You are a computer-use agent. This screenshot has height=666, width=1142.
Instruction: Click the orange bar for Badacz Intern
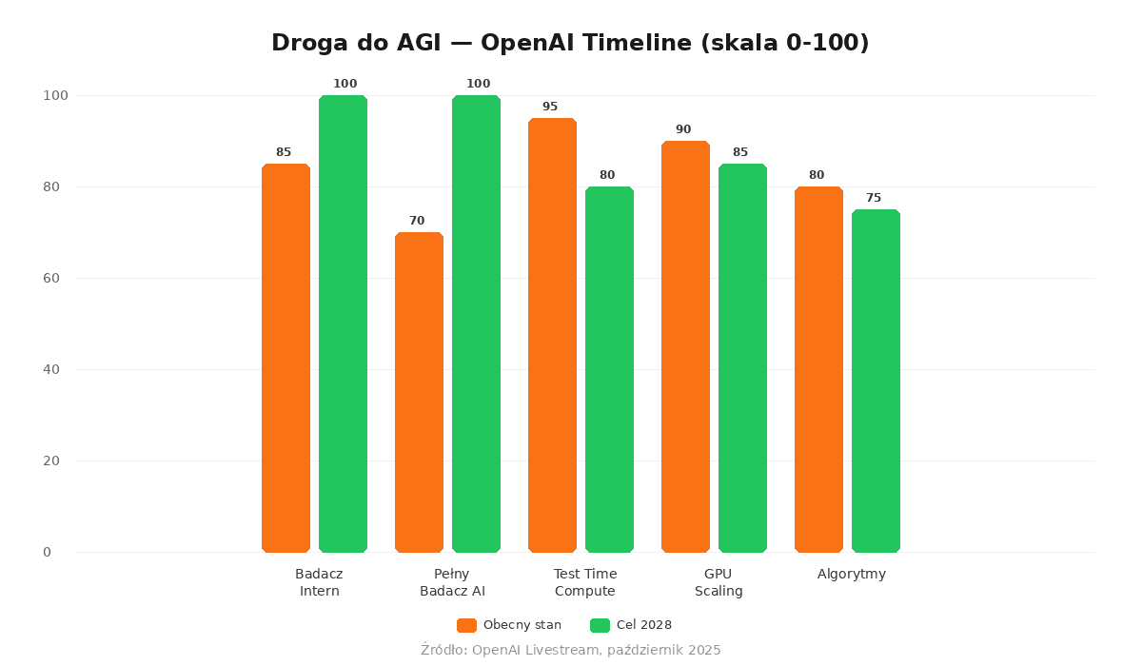285,358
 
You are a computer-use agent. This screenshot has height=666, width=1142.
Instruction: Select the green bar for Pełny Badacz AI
476,323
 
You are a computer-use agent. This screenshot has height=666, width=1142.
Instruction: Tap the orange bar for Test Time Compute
552,335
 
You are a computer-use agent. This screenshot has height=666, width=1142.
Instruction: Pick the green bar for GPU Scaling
742,358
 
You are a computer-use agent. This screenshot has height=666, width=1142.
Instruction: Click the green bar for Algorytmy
876,381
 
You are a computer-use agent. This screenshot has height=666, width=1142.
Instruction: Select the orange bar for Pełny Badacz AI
419,392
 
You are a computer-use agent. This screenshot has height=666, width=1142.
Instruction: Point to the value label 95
550,107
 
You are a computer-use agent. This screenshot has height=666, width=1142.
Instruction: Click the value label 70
417,221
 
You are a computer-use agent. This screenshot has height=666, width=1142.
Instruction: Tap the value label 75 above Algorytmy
874,198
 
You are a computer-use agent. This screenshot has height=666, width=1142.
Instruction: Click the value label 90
683,129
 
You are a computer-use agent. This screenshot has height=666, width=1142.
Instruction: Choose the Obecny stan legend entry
509,625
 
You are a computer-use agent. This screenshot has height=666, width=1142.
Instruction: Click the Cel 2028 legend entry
631,625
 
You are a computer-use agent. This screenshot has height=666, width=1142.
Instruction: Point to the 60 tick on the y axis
51,278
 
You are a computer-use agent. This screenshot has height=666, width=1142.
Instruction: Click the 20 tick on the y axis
51,460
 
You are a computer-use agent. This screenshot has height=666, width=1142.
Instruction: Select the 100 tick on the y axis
55,95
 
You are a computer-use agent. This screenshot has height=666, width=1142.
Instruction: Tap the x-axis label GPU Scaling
719,582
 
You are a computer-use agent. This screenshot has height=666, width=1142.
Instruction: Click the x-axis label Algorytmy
852,574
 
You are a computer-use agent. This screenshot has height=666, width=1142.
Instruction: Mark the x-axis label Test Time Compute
585,582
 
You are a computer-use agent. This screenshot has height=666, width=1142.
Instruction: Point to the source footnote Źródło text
571,650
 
